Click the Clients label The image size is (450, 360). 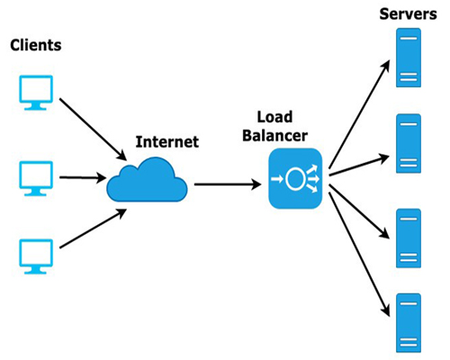[x=36, y=45]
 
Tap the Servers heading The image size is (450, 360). [x=408, y=14]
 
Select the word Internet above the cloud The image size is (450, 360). [x=167, y=142]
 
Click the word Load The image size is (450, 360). [x=274, y=117]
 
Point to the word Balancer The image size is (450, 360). [x=274, y=135]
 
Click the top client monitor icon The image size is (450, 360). [x=36, y=93]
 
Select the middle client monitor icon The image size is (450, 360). [x=36, y=178]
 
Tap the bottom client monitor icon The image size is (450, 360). [x=36, y=256]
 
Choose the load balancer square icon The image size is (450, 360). [x=295, y=178]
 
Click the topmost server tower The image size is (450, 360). [x=409, y=58]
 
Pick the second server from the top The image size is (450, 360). [x=409, y=143]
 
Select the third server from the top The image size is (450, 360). [x=409, y=238]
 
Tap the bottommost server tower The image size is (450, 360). [x=409, y=323]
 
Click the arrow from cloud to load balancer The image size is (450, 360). [x=228, y=184]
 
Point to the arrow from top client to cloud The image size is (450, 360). [x=93, y=130]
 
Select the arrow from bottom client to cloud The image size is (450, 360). [x=94, y=229]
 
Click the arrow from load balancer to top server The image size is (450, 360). [x=359, y=114]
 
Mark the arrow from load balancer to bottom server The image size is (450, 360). [x=359, y=255]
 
